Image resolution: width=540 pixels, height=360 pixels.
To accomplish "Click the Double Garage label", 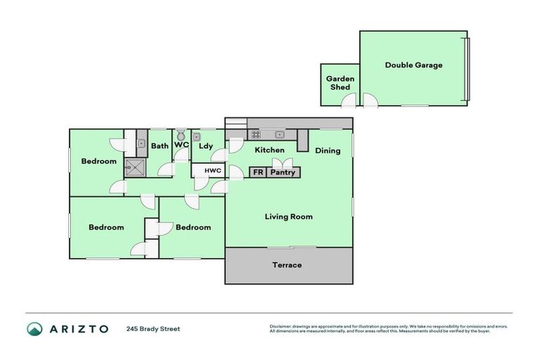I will [x=413, y=65].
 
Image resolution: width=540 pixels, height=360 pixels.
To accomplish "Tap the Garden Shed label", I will [x=340, y=83].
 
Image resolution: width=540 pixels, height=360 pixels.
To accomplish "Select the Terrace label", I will [x=288, y=265].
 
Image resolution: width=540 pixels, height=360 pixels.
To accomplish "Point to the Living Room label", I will [x=288, y=217].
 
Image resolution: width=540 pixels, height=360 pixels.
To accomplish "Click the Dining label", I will [x=328, y=150].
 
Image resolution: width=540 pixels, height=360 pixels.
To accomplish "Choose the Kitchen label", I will [x=269, y=150].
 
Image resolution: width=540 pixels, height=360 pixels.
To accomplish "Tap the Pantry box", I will [x=283, y=172].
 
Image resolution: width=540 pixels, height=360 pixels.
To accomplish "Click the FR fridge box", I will [x=257, y=172].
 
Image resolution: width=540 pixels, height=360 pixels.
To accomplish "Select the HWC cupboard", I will [x=213, y=171].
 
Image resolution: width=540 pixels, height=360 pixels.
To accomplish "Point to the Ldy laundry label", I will [x=205, y=146].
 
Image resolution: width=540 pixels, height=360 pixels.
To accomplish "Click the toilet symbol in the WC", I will [x=181, y=134].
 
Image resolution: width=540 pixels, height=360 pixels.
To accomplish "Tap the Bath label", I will [x=160, y=146].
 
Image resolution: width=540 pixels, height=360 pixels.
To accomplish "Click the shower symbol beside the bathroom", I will [x=134, y=166].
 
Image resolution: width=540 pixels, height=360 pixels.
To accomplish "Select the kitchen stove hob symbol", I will [x=256, y=134].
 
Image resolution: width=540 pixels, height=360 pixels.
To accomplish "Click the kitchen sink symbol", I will [x=280, y=134].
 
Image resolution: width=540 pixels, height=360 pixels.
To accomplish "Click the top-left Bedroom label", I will [x=98, y=162].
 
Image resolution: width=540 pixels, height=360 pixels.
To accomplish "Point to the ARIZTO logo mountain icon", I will [x=34, y=329].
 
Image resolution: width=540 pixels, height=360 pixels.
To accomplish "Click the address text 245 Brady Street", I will [x=153, y=329].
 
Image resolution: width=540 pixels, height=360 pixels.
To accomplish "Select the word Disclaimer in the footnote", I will [x=281, y=326].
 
